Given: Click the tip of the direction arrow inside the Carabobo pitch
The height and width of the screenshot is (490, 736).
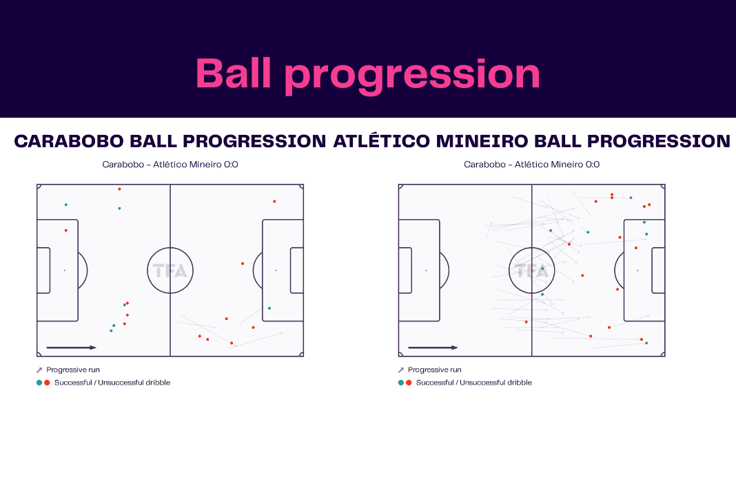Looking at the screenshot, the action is tap(96, 348).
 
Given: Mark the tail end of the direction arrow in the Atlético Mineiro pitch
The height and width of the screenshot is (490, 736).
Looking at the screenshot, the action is tap(409, 348).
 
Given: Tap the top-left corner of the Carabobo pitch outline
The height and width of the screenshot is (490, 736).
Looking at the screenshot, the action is tap(37, 184).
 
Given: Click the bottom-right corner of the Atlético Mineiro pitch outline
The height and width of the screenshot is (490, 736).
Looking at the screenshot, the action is tap(665, 356).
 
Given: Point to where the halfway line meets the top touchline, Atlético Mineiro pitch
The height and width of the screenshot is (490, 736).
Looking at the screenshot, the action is tap(532, 184).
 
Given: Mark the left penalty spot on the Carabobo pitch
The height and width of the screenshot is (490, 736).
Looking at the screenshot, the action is tap(64, 270).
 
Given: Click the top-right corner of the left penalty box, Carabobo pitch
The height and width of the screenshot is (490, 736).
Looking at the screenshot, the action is tap(78, 220).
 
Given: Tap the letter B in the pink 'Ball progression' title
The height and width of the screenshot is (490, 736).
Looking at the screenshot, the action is tap(209, 73).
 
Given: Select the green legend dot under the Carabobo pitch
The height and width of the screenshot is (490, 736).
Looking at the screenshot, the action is tap(39, 383).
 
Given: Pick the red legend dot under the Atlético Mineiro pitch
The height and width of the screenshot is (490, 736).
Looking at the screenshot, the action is tap(409, 383).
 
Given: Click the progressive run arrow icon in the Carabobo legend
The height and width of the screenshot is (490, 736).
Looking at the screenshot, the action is tap(39, 370).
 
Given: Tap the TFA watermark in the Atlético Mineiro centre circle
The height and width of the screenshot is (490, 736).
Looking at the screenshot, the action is tap(532, 270).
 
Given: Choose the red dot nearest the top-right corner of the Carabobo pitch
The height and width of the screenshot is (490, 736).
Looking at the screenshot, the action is tap(274, 202).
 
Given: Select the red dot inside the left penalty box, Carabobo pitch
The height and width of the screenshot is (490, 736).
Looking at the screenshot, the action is tap(66, 231).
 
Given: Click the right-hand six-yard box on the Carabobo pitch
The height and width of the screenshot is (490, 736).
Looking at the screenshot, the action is tap(297, 270).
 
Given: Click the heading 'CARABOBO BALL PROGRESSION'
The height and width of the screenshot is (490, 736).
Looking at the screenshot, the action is tap(170, 141).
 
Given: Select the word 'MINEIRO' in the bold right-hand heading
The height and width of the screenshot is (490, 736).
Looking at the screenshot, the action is tap(482, 141).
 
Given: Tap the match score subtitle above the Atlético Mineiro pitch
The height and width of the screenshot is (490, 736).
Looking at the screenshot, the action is tap(532, 164).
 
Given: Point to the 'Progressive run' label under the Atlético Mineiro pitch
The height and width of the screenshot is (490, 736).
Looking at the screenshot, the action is tap(435, 370).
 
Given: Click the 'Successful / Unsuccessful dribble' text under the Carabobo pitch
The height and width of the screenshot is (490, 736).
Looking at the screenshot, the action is tap(112, 383).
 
